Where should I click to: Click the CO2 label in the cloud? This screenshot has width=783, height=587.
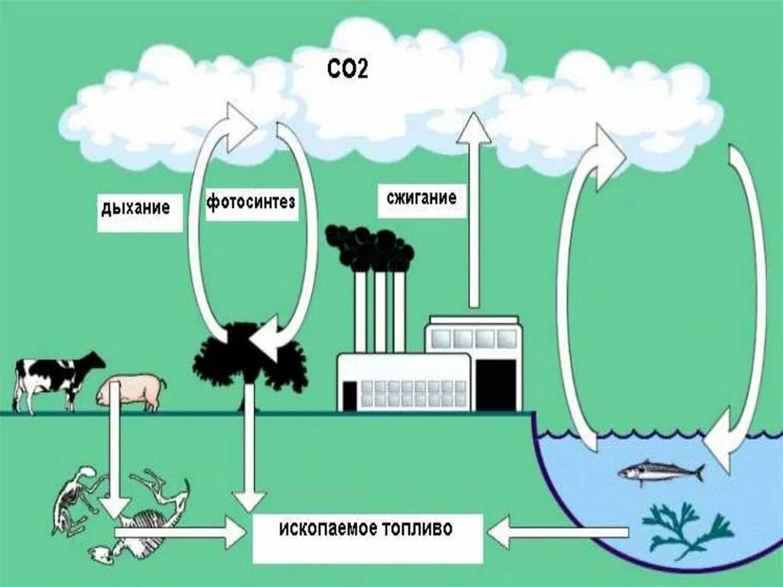(x=346, y=71)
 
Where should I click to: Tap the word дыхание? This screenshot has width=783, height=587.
(x=135, y=206)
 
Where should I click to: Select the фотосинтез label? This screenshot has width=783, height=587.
(x=250, y=203)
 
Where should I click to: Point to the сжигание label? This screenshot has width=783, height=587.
(x=420, y=198)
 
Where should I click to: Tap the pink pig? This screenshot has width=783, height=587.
(x=132, y=392)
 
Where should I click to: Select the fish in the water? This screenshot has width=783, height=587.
(x=660, y=471)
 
